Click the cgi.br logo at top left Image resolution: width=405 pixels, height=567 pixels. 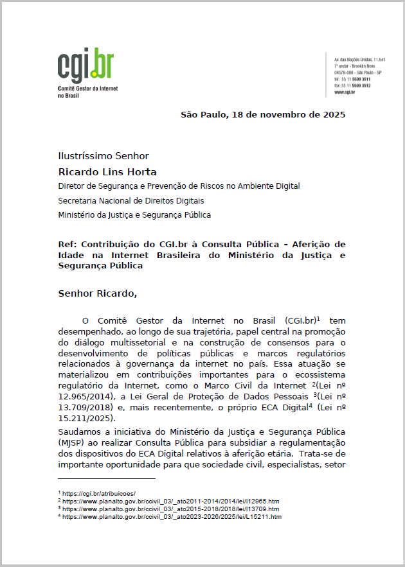tap(86, 64)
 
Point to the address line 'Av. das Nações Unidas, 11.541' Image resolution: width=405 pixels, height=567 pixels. tap(359, 60)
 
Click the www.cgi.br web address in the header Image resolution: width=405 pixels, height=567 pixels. tap(345, 92)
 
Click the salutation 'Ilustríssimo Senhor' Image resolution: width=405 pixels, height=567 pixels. tap(104, 156)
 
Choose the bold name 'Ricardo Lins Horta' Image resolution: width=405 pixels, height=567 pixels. tap(107, 172)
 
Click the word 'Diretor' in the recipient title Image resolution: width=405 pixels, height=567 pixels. tap(72, 186)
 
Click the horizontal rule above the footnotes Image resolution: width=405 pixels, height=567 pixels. tap(107, 478)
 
